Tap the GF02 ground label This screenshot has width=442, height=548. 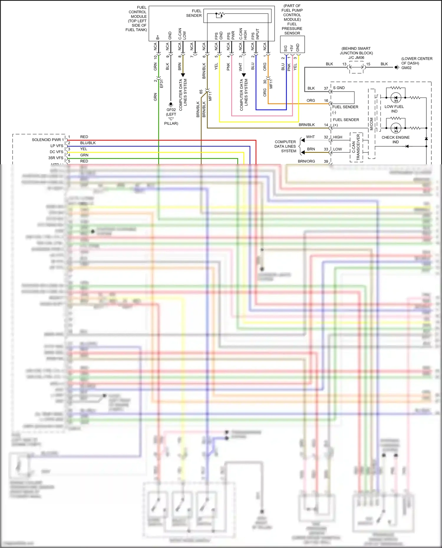[171, 110]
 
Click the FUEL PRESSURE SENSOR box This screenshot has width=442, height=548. [292, 44]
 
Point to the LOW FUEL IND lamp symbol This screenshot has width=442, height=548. [396, 97]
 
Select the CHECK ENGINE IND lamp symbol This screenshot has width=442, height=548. [396, 128]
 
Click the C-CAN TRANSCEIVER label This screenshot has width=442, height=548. [356, 147]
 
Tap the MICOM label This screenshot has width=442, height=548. [372, 124]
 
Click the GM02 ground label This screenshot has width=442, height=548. [406, 68]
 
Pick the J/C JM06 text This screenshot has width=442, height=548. [356, 58]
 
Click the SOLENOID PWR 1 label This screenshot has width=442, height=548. [48, 140]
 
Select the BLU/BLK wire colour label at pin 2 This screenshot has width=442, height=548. [88, 143]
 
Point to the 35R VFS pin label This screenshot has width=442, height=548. [56, 158]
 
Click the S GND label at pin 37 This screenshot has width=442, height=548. [339, 88]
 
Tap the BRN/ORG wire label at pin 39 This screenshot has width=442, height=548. [306, 161]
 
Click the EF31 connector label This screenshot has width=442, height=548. [161, 84]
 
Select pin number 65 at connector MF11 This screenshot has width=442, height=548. [201, 92]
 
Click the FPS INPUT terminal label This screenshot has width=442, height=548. [255, 34]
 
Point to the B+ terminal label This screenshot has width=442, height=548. [158, 37]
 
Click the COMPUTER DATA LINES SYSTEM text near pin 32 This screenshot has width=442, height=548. [285, 146]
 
